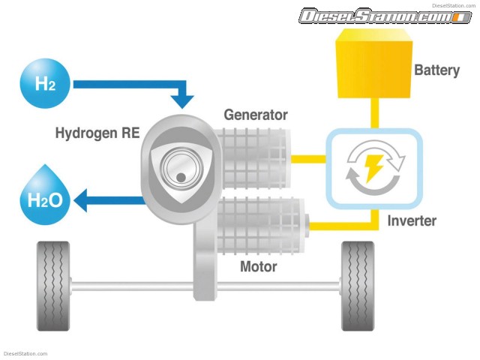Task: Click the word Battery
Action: click(436, 70)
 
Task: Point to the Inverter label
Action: click(412, 221)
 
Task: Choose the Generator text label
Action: click(256, 115)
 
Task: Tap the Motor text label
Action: click(258, 266)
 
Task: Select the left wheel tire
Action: click(52, 286)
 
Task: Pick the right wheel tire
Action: click(358, 286)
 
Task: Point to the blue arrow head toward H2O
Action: click(84, 200)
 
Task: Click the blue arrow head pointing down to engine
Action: click(182, 99)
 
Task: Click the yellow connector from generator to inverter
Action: click(307, 159)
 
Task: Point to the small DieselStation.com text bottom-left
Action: click(25, 354)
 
